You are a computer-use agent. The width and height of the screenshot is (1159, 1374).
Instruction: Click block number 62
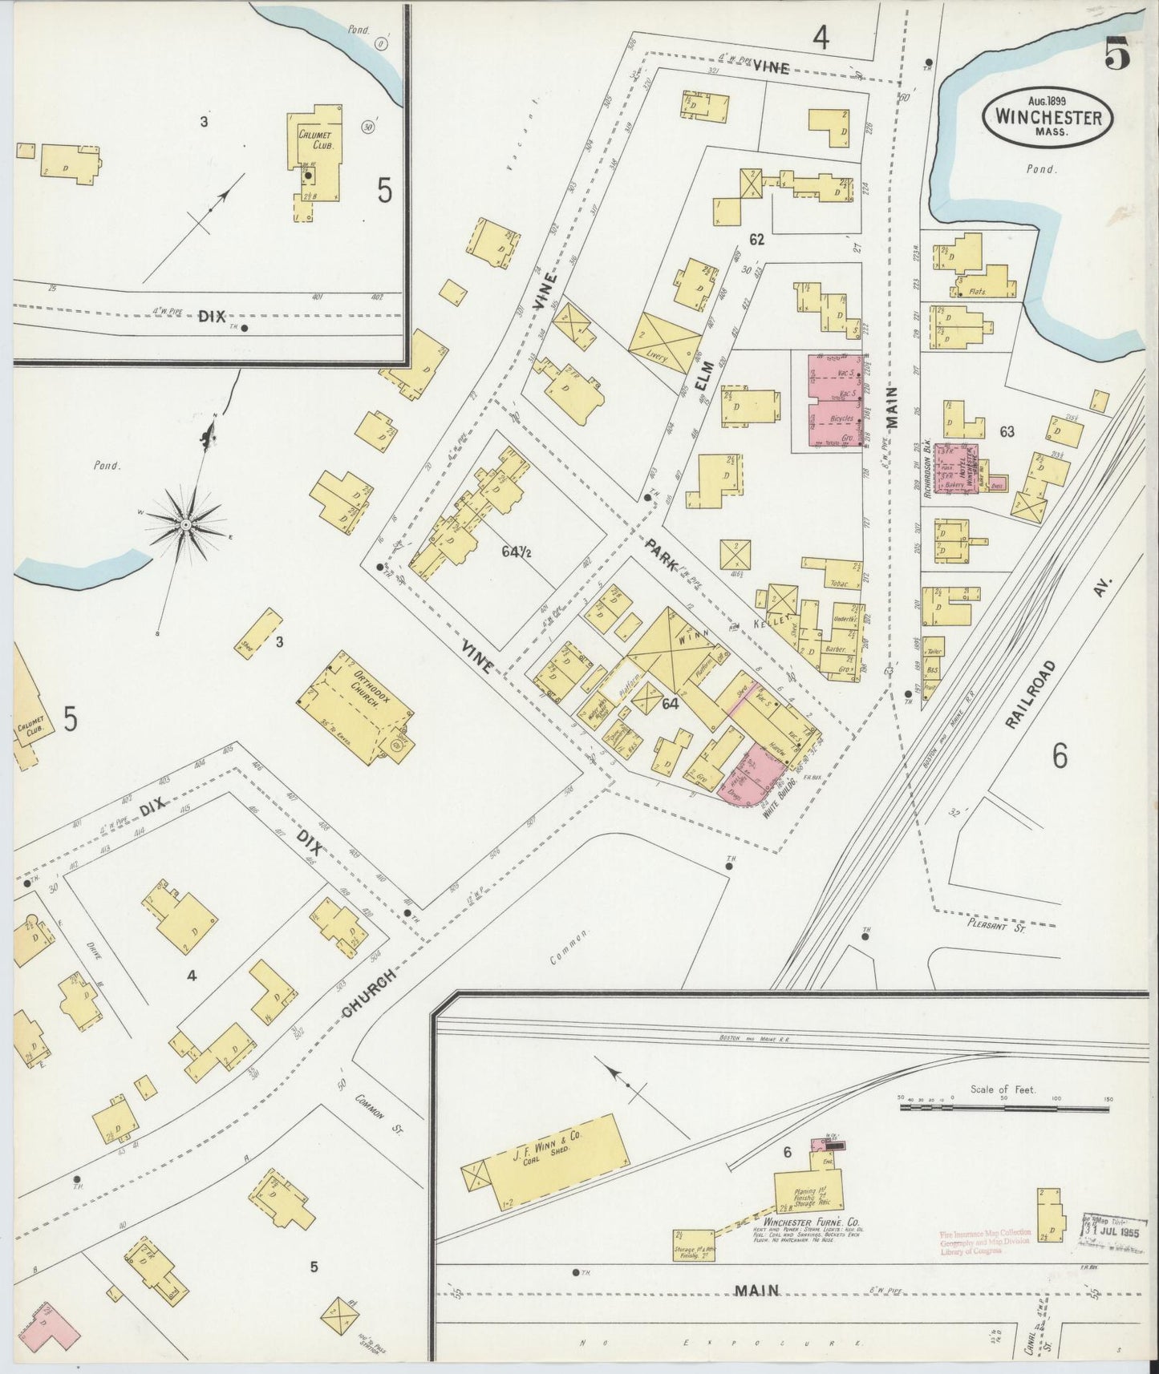point(756,239)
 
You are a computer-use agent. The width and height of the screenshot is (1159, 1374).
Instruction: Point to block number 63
point(1007,431)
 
